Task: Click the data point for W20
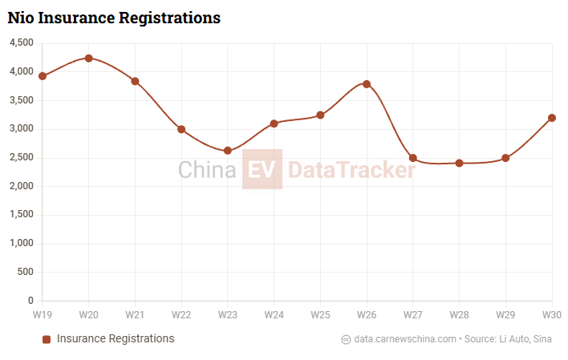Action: [x=88, y=58]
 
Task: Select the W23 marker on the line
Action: [x=228, y=151]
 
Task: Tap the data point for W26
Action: [x=367, y=84]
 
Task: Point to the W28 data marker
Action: [x=459, y=163]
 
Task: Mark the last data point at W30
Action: [x=552, y=118]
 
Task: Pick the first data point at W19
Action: [x=43, y=76]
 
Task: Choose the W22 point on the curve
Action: [x=181, y=129]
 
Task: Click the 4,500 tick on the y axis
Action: [x=21, y=43]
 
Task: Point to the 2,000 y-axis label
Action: [x=21, y=186]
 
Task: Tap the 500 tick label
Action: [x=26, y=273]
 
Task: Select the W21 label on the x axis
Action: [x=135, y=313]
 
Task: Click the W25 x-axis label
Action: [x=320, y=313]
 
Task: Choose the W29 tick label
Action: [x=505, y=313]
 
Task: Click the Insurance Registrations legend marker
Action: [x=47, y=339]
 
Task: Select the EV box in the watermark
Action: [x=262, y=169]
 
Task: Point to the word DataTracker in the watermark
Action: [x=351, y=170]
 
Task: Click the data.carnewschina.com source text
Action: [x=405, y=339]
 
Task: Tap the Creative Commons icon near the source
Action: [x=346, y=339]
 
